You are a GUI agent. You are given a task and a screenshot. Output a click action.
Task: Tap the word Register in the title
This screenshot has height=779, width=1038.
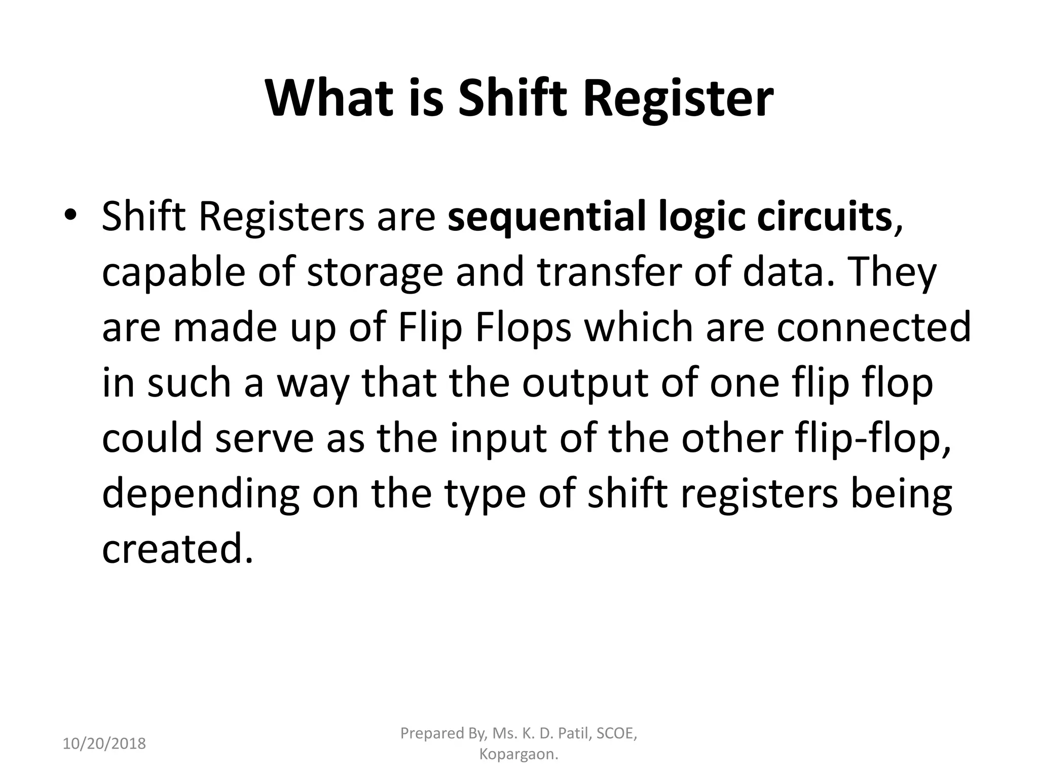tap(678, 98)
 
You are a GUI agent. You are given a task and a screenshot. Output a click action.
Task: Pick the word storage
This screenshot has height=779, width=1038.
tap(375, 272)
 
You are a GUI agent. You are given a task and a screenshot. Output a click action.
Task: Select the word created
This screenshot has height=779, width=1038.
tap(177, 548)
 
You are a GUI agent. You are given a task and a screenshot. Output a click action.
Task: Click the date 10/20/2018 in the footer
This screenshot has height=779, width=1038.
tap(104, 743)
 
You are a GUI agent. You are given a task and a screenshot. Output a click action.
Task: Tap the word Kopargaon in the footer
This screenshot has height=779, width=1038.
tap(518, 754)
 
